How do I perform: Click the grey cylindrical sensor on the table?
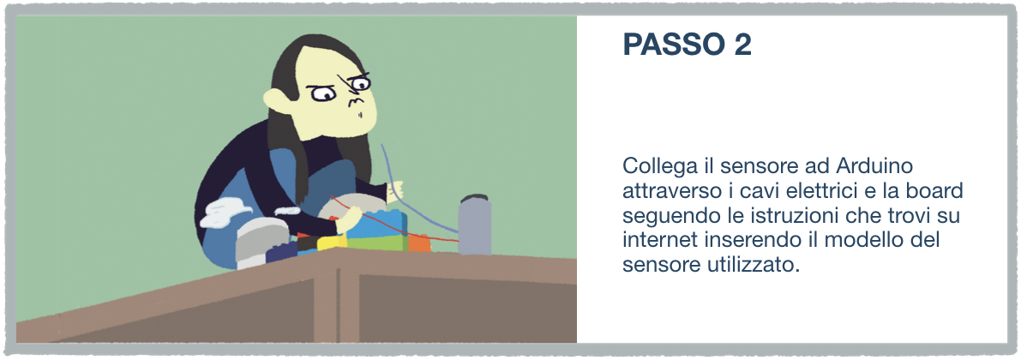click(475, 225)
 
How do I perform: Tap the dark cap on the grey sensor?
click(475, 198)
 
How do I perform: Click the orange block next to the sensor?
click(419, 243)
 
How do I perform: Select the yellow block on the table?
click(332, 243)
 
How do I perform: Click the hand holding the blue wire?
click(395, 190)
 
